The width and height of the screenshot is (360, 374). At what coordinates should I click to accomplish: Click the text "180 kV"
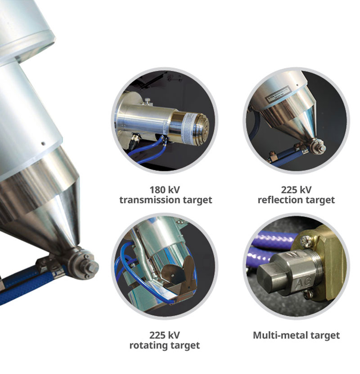(x=165, y=190)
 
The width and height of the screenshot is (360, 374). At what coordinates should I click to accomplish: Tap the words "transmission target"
(x=166, y=200)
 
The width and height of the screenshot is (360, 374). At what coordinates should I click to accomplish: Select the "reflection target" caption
(x=296, y=200)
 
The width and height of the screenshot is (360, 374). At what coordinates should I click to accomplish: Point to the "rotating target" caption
(x=165, y=345)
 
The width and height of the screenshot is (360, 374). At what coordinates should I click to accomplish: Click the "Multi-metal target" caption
(x=296, y=335)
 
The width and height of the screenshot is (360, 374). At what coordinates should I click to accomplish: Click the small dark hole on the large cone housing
(x=43, y=143)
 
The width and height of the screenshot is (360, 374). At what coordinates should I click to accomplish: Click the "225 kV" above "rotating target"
(x=165, y=335)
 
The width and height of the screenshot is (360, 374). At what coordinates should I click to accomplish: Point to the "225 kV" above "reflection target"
(x=296, y=190)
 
